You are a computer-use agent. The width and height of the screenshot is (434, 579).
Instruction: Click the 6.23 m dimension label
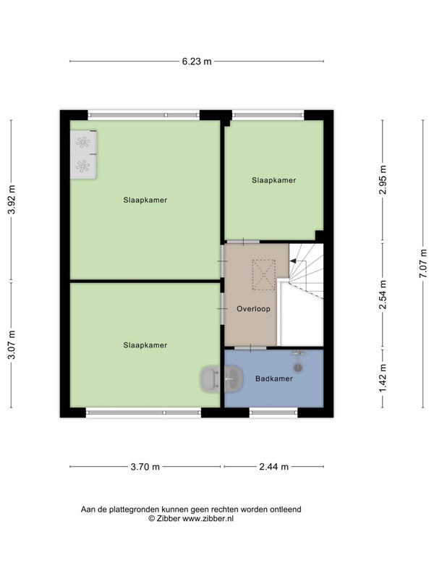coord(197,62)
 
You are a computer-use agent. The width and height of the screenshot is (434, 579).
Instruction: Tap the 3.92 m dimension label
coord(12,200)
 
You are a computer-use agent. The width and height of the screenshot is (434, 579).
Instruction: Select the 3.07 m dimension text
coord(12,345)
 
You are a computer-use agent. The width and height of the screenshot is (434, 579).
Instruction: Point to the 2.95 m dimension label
coord(384,179)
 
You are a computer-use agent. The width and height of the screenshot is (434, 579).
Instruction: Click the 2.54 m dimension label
coord(384,295)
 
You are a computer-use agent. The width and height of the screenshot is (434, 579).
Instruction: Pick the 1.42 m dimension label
coord(384,379)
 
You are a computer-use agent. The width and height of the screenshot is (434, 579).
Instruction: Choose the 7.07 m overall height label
coord(423,263)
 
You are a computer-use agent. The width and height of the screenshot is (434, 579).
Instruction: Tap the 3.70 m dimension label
coord(145,467)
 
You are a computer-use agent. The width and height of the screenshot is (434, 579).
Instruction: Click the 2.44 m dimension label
coord(274,467)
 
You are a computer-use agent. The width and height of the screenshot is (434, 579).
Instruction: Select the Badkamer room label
coord(274,379)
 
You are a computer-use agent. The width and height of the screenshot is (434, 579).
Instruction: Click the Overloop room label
coord(254,309)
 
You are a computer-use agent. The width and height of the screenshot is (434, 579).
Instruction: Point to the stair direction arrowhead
coord(293,261)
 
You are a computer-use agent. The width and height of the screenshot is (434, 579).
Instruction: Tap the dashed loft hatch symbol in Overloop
coord(264,275)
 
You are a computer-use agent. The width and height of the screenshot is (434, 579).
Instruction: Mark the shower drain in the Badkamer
coord(298,368)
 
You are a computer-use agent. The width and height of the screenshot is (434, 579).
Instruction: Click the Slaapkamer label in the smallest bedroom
coord(274,180)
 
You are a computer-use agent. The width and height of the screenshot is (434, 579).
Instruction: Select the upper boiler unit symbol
coord(83,142)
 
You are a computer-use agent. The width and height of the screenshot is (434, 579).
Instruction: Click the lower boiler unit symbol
coord(83,166)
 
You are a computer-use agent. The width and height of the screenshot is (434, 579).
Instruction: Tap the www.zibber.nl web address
coord(208,518)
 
